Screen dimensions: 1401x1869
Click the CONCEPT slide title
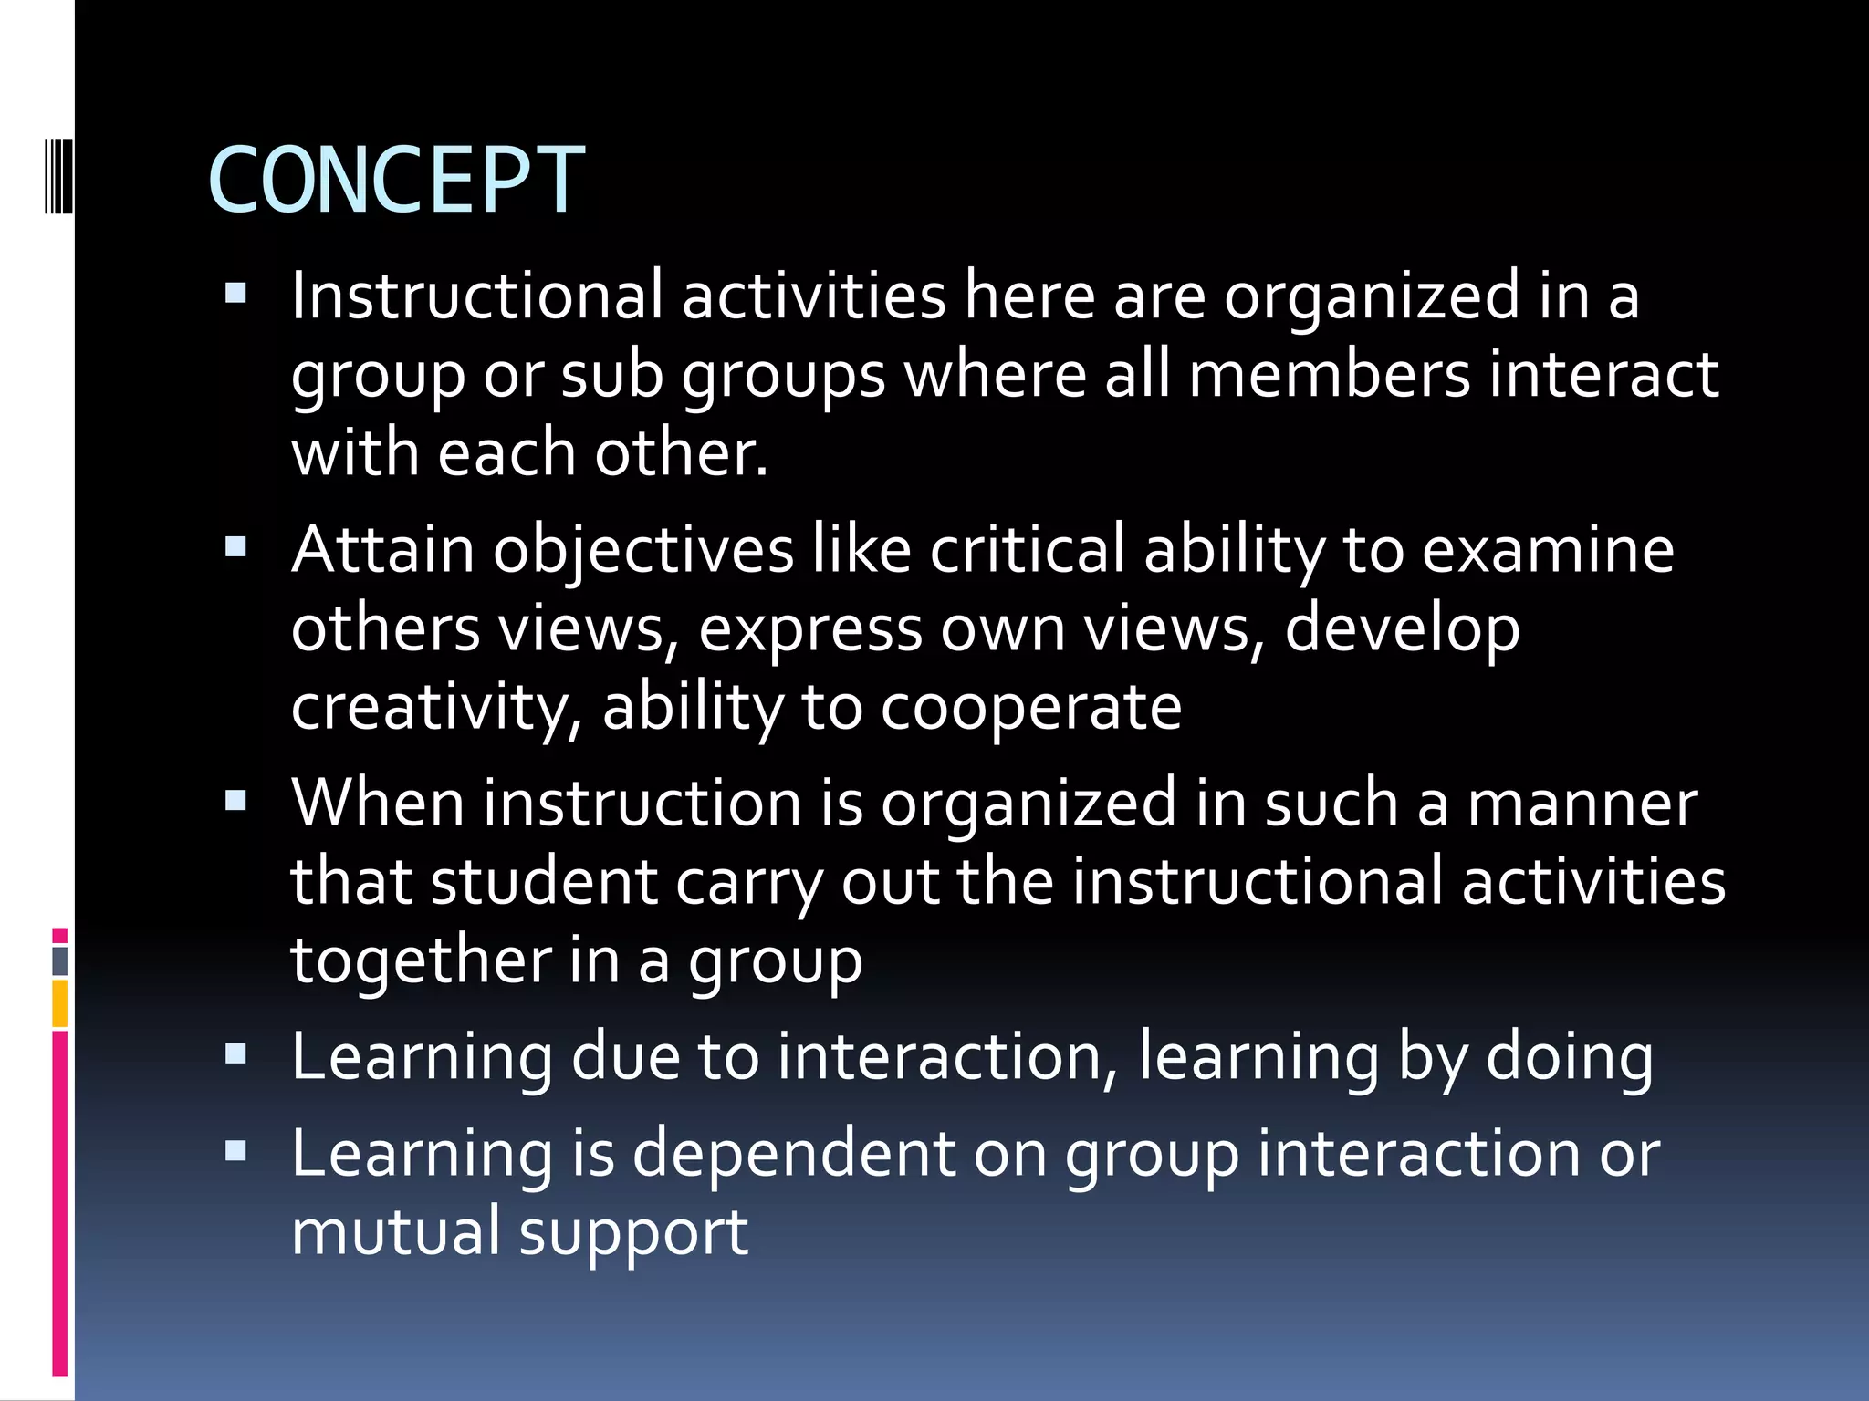pos(396,181)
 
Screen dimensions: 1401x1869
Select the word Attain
pos(383,550)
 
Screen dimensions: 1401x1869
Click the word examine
pos(1548,550)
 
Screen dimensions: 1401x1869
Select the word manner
pos(1582,804)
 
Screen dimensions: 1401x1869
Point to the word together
pos(421,960)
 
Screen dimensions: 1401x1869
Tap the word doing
pos(1570,1058)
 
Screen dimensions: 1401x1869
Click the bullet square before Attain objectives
pos(236,547)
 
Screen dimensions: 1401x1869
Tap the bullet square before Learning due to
pos(236,1054)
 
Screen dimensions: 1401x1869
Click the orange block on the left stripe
pos(59,1002)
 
